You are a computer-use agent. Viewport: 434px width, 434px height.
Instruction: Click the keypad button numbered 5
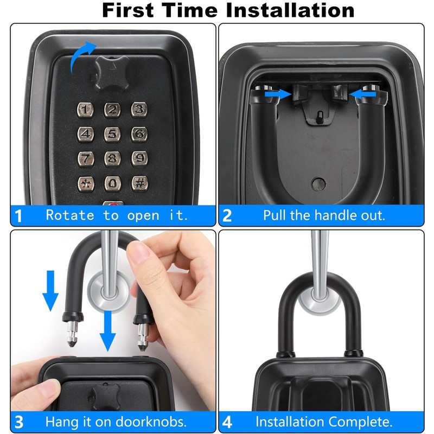pos(112,134)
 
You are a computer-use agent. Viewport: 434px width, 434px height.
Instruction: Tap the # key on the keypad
pos(139,183)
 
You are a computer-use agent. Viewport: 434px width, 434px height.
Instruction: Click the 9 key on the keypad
pos(139,158)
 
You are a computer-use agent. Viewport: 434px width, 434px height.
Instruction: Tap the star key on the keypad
pos(86,183)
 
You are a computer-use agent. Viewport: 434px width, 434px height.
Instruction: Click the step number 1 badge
pos(18,216)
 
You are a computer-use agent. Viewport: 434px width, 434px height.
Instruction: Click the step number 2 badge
pos(227,216)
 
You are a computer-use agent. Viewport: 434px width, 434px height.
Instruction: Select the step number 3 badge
pos(18,422)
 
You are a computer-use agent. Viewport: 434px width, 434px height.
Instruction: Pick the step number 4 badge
pos(227,422)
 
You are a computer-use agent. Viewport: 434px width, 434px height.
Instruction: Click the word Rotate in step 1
pos(70,215)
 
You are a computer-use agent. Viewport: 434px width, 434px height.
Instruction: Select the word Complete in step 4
pos(363,422)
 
